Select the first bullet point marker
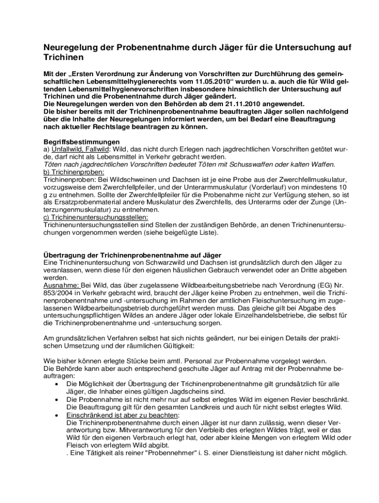[x=58, y=384]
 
